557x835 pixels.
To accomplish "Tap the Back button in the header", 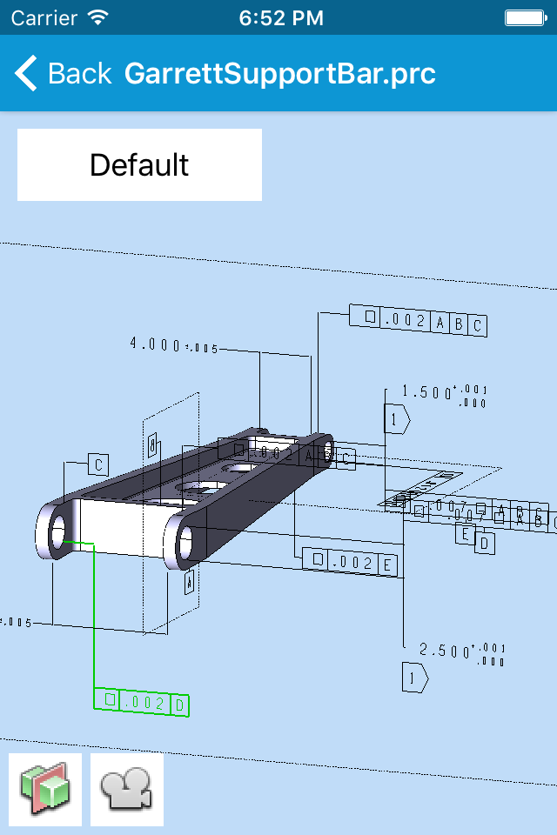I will click(x=63, y=74).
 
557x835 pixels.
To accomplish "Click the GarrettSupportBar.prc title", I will click(x=279, y=74).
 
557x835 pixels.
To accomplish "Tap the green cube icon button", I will click(x=45, y=789).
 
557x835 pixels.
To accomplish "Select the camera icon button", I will click(x=127, y=789).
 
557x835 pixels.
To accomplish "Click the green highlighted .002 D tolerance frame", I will click(x=142, y=702).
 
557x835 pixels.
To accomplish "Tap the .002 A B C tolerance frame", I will click(x=418, y=321).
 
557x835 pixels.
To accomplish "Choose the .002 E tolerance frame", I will click(x=350, y=562).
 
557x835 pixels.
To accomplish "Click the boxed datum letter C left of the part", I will click(x=99, y=464).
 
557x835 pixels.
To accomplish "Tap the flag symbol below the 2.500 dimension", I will click(x=413, y=677).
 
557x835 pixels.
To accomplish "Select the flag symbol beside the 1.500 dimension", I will click(x=397, y=419).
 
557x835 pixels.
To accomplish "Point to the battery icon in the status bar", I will click(x=526, y=17).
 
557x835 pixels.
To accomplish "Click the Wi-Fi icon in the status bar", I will click(x=98, y=17).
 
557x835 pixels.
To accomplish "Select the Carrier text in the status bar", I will click(x=43, y=17).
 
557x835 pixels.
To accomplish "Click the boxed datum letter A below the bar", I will click(x=189, y=582).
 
